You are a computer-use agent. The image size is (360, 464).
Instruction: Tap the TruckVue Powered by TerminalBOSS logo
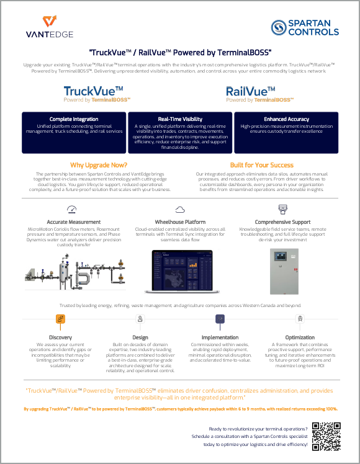click(93, 94)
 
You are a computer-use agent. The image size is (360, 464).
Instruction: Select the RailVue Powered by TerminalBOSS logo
click(259, 94)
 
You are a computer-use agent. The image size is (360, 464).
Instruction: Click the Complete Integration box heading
click(74, 119)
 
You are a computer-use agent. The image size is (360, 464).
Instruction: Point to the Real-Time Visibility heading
click(180, 119)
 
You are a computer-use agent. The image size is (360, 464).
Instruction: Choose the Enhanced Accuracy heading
click(286, 119)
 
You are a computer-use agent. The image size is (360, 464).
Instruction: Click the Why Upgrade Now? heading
click(99, 165)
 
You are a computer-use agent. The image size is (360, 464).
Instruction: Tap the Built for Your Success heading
click(261, 165)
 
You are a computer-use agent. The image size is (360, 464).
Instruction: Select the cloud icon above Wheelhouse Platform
click(180, 209)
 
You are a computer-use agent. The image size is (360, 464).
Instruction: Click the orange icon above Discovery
click(60, 319)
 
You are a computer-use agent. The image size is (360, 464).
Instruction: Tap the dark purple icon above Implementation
click(219, 319)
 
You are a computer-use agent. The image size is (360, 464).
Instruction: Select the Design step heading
click(141, 337)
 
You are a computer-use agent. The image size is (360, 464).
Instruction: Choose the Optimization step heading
click(300, 337)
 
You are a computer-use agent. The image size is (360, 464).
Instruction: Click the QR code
click(325, 436)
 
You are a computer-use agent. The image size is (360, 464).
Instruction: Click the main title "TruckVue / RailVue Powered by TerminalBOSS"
click(180, 52)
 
